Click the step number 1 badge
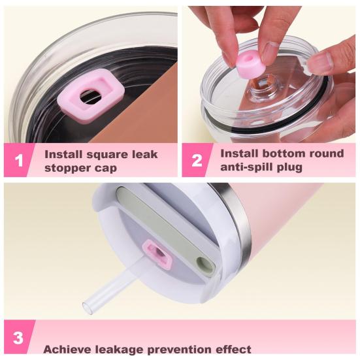19,160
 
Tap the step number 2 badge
197,160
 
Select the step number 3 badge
18,338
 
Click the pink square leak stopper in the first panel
91,96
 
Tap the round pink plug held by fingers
250,63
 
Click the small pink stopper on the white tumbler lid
157,254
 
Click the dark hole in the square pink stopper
90,97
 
